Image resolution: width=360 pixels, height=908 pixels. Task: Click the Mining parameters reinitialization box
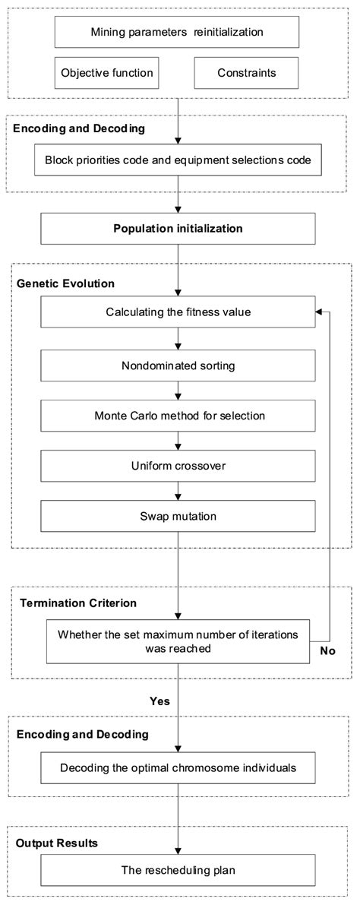pyautogui.click(x=178, y=32)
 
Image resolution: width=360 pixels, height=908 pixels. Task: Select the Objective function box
pyautogui.click(x=106, y=73)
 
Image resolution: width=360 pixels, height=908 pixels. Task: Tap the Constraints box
pyautogui.click(x=247, y=73)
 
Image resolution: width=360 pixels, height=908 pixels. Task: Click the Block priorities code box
pyautogui.click(x=178, y=160)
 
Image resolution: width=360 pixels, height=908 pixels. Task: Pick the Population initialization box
pyautogui.click(x=178, y=228)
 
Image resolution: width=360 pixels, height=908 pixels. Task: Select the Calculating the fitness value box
pyautogui.click(x=178, y=312)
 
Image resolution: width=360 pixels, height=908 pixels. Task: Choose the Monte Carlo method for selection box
pyautogui.click(x=178, y=416)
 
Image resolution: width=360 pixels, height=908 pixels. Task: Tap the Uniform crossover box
pyautogui.click(x=178, y=467)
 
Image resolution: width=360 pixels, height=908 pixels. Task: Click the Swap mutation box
pyautogui.click(x=178, y=516)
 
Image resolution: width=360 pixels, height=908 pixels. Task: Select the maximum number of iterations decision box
pyautogui.click(x=178, y=640)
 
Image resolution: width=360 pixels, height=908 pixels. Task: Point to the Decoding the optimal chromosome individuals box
pyautogui.click(x=178, y=768)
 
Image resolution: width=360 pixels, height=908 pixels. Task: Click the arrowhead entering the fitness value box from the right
pyautogui.click(x=320, y=312)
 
